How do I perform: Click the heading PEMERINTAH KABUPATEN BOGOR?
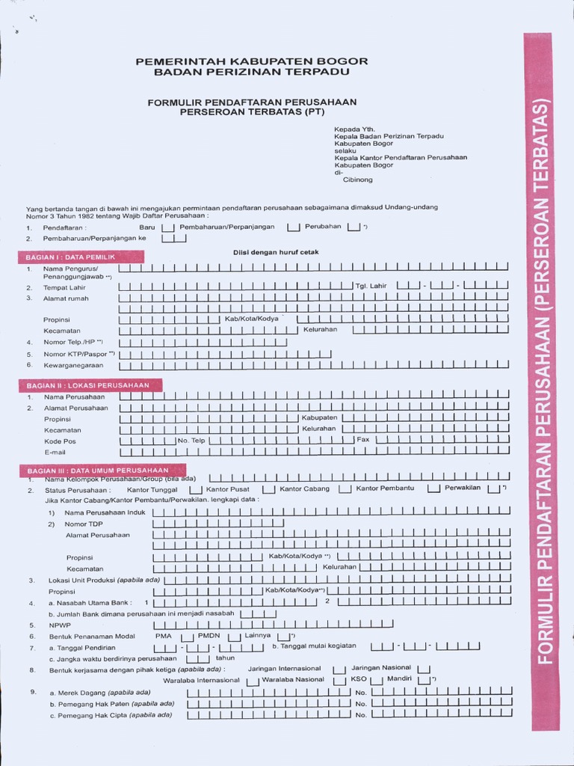[x=251, y=61]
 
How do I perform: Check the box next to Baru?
[x=168, y=227]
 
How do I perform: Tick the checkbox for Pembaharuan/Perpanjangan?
[x=293, y=227]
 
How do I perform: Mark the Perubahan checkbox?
[x=354, y=227]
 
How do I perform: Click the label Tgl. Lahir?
[x=371, y=286]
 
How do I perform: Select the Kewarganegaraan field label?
[x=72, y=365]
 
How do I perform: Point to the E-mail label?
[x=55, y=453]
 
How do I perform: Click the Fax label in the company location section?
[x=363, y=440]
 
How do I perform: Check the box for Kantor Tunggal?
[x=197, y=490]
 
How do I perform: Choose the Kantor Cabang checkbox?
[x=345, y=490]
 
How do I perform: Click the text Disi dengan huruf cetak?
[x=276, y=253]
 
